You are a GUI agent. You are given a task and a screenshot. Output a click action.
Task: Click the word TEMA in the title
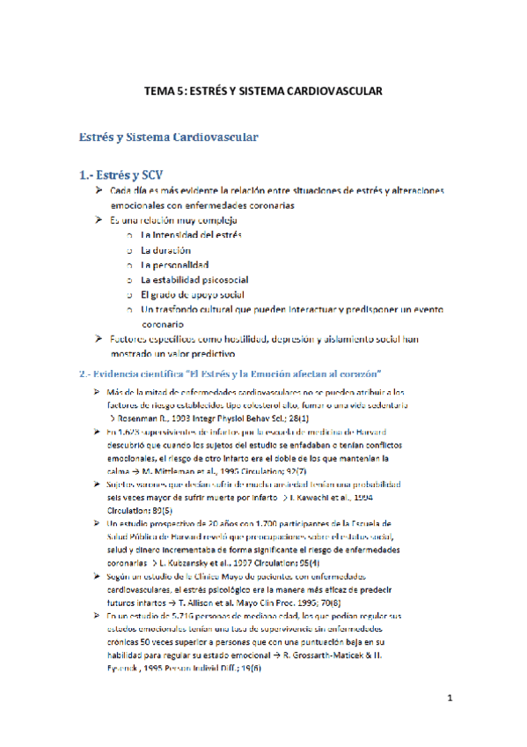[158, 91]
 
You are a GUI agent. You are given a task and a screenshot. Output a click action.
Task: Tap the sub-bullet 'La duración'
[165, 250]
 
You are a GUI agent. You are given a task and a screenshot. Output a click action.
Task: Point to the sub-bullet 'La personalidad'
[174, 264]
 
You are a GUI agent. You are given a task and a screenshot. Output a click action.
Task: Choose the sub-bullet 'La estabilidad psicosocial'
[194, 279]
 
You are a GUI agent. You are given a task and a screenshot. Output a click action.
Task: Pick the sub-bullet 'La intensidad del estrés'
[191, 235]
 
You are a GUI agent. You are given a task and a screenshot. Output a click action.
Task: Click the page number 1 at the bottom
[449, 700]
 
